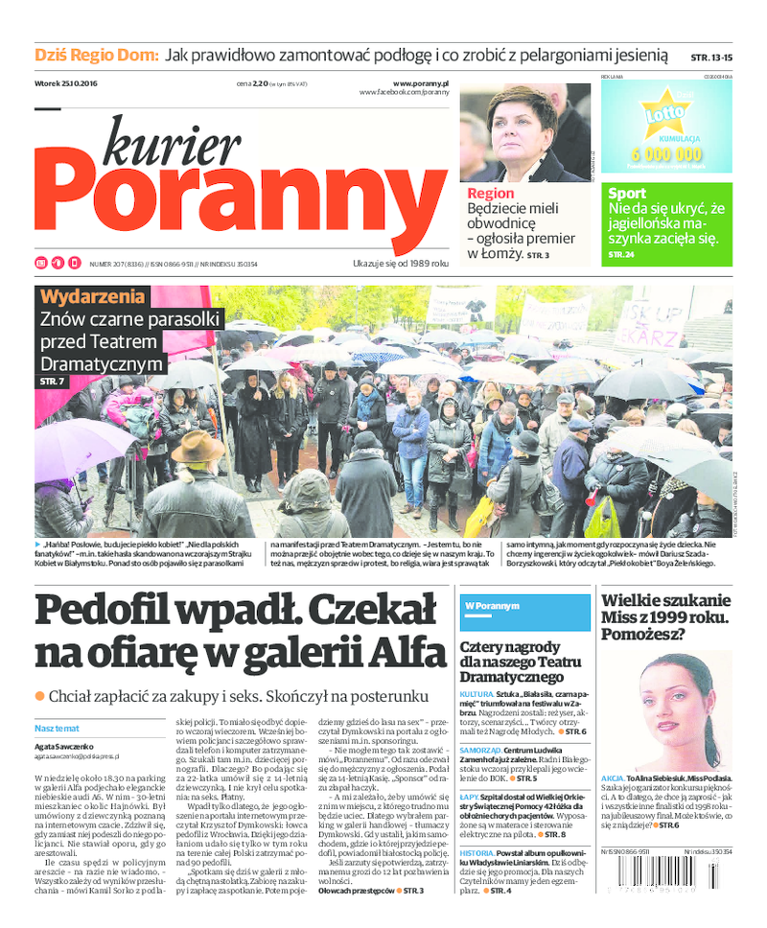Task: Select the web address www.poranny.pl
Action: [420, 83]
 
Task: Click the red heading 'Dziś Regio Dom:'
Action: [96, 56]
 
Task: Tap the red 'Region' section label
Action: [491, 194]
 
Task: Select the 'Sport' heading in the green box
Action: [627, 194]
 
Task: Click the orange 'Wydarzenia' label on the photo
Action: [93, 295]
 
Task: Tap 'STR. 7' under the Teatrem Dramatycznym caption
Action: [52, 383]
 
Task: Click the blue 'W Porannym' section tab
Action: [492, 606]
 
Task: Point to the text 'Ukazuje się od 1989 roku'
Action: [401, 263]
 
